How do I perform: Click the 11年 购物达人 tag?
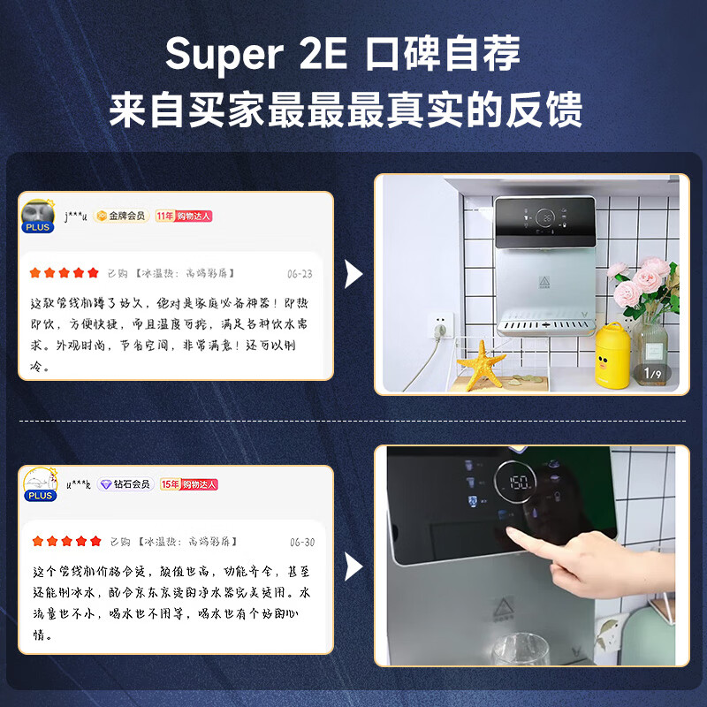click(184, 216)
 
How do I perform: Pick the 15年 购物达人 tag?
click(188, 484)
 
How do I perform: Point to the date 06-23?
click(300, 274)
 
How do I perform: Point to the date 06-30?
click(301, 542)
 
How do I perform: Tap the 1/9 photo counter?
click(652, 374)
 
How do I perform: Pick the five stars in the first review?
click(65, 273)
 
